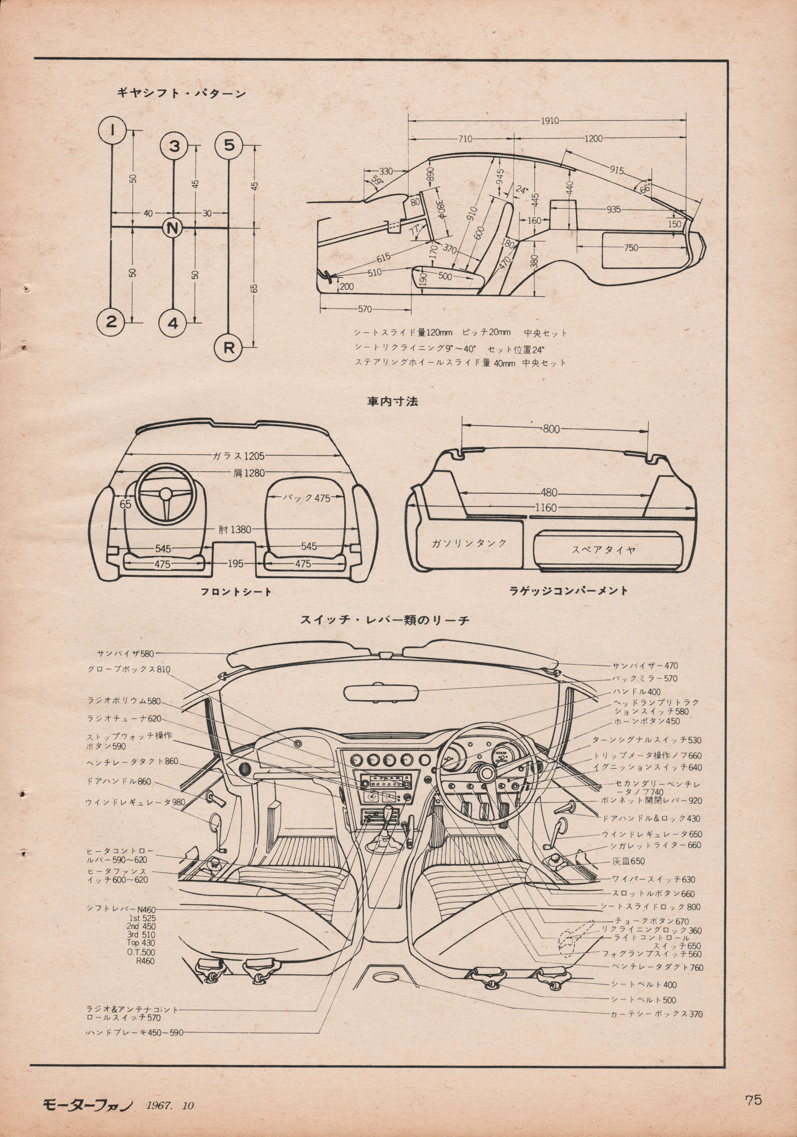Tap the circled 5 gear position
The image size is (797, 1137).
click(229, 146)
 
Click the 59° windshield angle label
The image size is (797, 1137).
click(377, 183)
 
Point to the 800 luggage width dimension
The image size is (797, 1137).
click(551, 429)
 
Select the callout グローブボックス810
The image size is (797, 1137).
click(129, 669)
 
